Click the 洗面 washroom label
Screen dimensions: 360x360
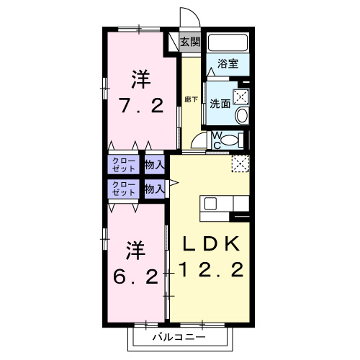pyautogui.click(x=220, y=103)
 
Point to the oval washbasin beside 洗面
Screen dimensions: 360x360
pyautogui.click(x=241, y=115)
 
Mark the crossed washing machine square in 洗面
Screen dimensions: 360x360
pyautogui.click(x=241, y=94)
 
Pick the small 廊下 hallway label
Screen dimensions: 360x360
pyautogui.click(x=190, y=99)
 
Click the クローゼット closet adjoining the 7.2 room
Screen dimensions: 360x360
pyautogui.click(x=123, y=165)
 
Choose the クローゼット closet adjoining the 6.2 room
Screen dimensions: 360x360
pyautogui.click(x=123, y=189)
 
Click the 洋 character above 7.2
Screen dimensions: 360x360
pyautogui.click(x=142, y=77)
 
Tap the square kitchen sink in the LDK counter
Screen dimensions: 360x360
pyautogui.click(x=211, y=203)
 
